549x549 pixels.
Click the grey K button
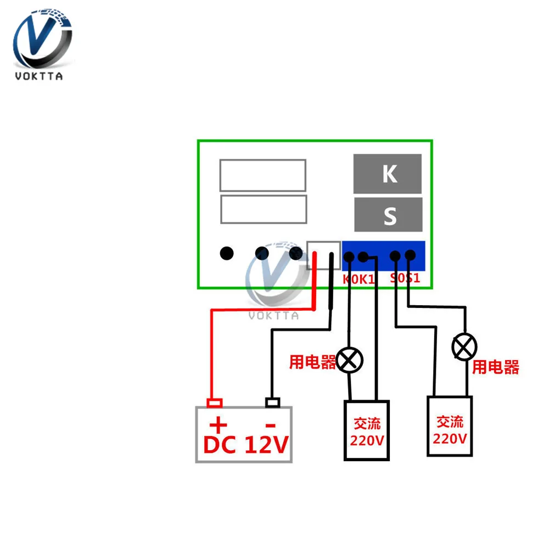(388, 174)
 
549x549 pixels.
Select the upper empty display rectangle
(262, 175)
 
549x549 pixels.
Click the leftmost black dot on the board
(227, 253)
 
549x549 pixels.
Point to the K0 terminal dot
(348, 256)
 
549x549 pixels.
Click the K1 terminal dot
(363, 256)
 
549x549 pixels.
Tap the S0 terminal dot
(395, 255)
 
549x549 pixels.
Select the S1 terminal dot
(410, 255)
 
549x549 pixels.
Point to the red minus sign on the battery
(270, 424)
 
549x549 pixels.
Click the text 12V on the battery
(266, 445)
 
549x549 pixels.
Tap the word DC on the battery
(220, 445)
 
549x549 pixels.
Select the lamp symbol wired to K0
(350, 360)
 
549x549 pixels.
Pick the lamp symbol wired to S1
(464, 347)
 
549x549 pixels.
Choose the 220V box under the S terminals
(450, 426)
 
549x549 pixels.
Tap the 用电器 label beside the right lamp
(495, 367)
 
